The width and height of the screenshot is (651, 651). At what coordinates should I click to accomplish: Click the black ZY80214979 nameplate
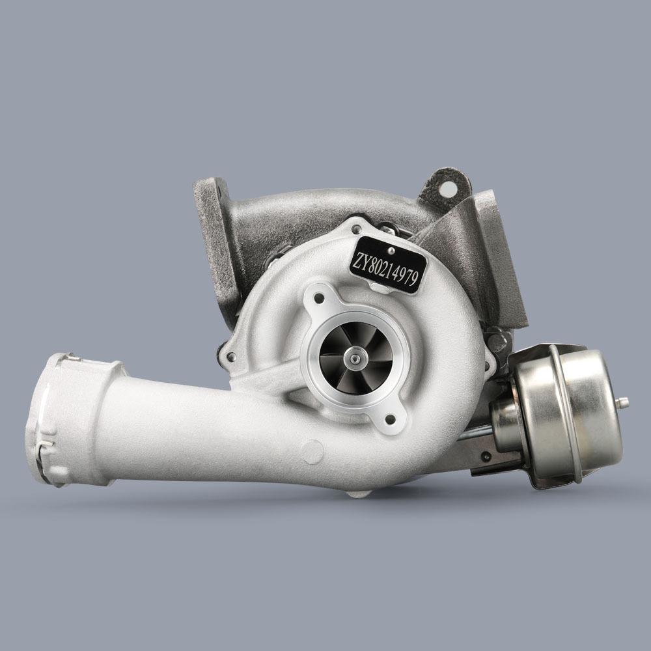coord(389,264)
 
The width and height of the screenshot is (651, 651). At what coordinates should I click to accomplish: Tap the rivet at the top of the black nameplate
coord(391,248)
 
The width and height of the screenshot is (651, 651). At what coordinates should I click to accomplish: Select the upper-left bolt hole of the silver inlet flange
coord(318,299)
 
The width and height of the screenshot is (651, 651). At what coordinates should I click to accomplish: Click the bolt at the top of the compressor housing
coord(355,229)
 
